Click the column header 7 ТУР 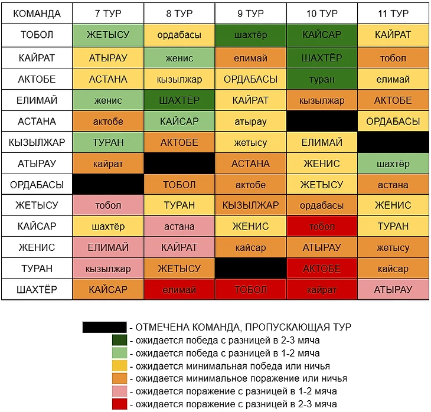point(108,14)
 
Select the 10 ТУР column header point(322,14)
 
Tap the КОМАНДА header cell point(37,14)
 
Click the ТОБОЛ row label point(37,35)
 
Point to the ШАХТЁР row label point(37,290)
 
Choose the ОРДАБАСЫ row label point(37,184)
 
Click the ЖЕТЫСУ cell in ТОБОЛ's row point(108,35)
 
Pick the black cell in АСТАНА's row point(322,122)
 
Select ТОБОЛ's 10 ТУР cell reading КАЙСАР point(322,35)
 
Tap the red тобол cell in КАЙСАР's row point(322,226)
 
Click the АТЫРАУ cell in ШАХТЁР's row point(393,290)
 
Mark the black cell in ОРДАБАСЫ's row point(108,184)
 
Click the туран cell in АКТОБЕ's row point(322,79)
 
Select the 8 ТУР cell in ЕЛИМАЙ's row point(179,100)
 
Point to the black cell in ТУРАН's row point(250,269)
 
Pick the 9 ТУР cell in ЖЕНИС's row point(250,247)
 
